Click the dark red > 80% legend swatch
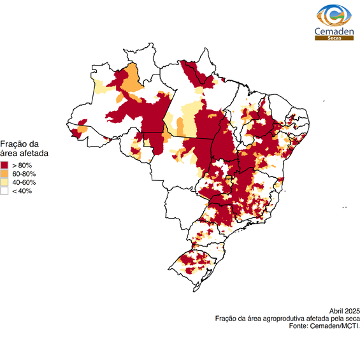[x=4, y=165]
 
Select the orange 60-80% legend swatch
[x=4, y=173]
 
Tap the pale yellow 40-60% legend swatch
[x=4, y=182]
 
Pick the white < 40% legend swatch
[x=4, y=191]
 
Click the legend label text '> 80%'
[x=22, y=165]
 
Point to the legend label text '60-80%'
[x=24, y=174]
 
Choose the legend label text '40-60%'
[x=24, y=182]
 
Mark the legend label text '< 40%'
[x=22, y=191]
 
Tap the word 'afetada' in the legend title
[x=34, y=154]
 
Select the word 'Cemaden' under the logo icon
[x=335, y=31]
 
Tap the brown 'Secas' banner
[x=335, y=38]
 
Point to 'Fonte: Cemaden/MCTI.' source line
[x=324, y=326]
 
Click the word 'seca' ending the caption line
[x=352, y=318]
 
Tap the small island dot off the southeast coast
[x=344, y=207]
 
